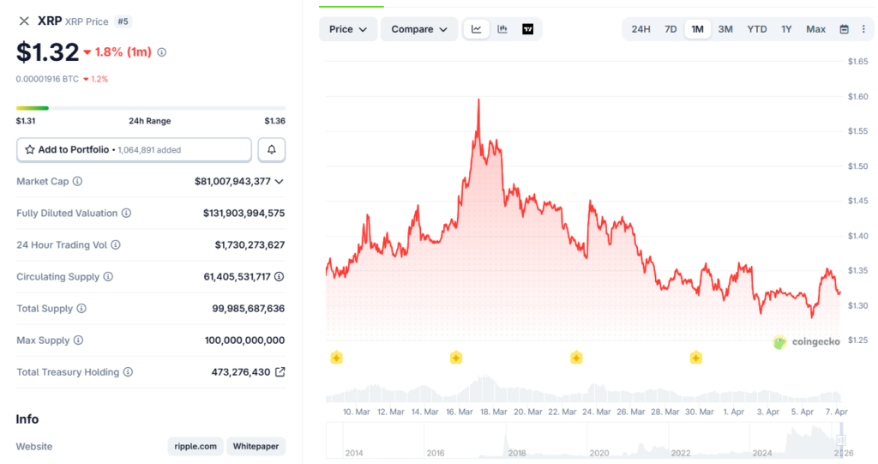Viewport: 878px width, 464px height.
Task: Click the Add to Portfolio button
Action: coord(134,150)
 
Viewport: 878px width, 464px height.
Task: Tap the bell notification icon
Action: coord(272,150)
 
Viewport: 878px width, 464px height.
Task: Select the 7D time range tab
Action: coord(671,29)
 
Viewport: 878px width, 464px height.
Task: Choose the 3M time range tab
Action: coord(725,29)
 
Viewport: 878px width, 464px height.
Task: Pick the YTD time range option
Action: coord(757,29)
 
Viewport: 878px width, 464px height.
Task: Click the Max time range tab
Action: coord(815,29)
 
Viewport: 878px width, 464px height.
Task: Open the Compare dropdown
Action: coord(419,29)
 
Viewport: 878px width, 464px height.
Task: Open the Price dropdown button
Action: coord(348,29)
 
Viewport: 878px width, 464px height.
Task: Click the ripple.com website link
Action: coord(195,447)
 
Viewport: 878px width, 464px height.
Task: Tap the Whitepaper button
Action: coord(256,447)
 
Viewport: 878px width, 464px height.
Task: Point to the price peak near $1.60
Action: coord(478,100)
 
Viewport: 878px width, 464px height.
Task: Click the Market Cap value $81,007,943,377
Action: coord(232,182)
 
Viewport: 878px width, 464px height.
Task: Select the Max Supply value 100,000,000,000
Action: coord(244,340)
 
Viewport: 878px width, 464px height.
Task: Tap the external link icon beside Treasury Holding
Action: coord(280,372)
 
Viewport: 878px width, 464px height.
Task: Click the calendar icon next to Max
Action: coord(844,29)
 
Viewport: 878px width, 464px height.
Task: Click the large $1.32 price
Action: coord(48,52)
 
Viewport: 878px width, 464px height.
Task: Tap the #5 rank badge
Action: coord(123,21)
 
